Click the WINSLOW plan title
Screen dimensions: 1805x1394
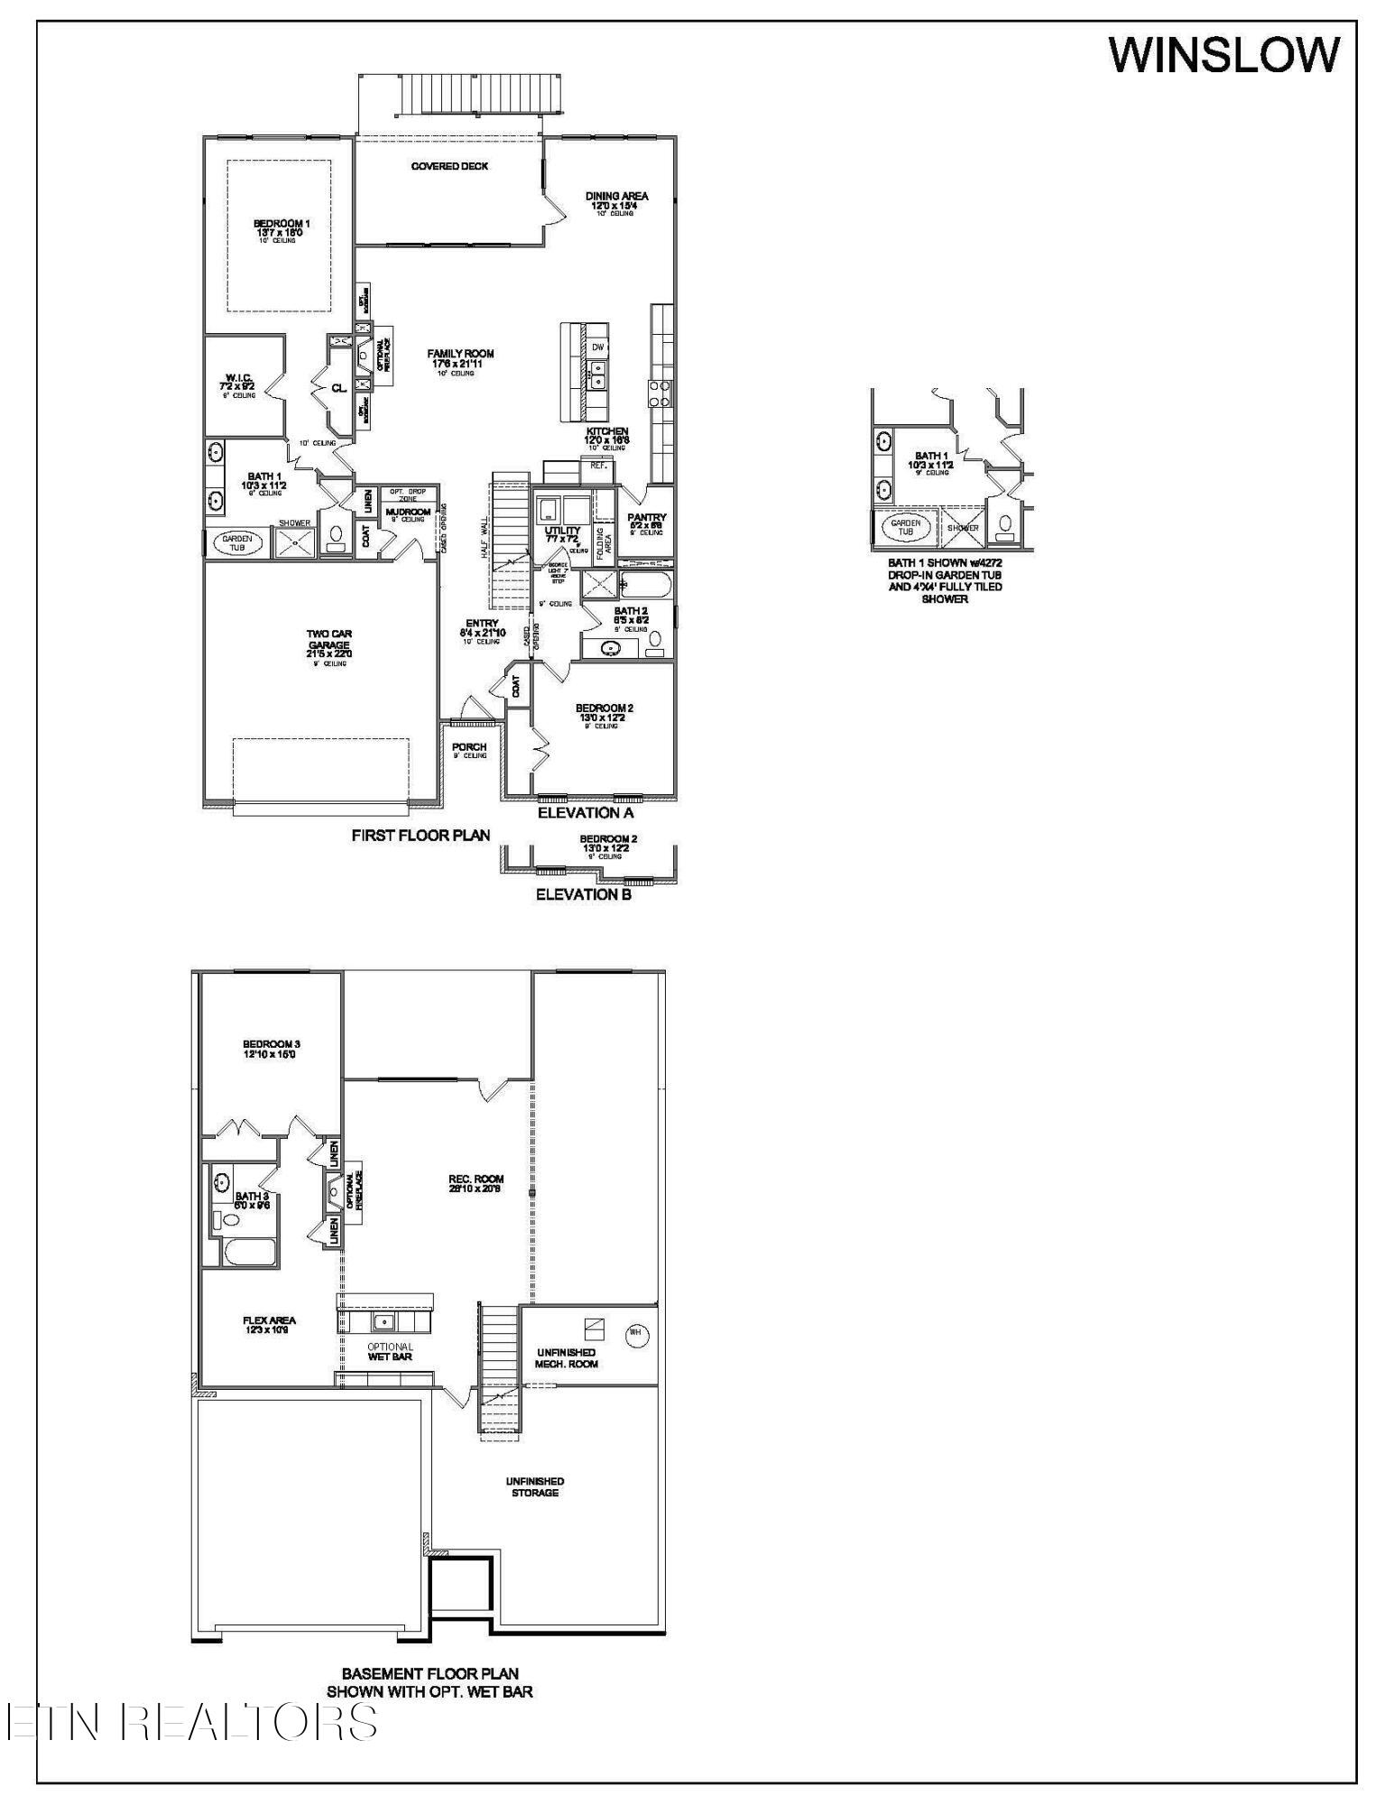tap(1223, 55)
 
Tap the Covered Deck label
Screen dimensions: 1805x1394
tap(449, 166)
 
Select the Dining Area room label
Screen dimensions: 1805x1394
tap(616, 199)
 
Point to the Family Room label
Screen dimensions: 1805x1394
tap(461, 358)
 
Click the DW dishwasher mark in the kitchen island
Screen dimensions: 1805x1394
tap(597, 347)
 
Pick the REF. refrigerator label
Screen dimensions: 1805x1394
tap(598, 466)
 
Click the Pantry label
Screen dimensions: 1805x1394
tap(646, 521)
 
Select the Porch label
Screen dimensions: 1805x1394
tap(469, 748)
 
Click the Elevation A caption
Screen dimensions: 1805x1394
tap(586, 813)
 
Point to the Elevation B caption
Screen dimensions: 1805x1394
tap(584, 894)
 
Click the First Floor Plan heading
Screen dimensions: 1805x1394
tap(420, 836)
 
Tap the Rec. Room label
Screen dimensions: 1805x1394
tap(475, 1183)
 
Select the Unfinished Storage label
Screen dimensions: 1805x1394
tap(535, 1486)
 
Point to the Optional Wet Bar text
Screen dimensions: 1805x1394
tap(390, 1352)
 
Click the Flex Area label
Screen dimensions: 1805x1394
tap(269, 1325)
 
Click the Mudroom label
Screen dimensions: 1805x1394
tap(408, 514)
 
